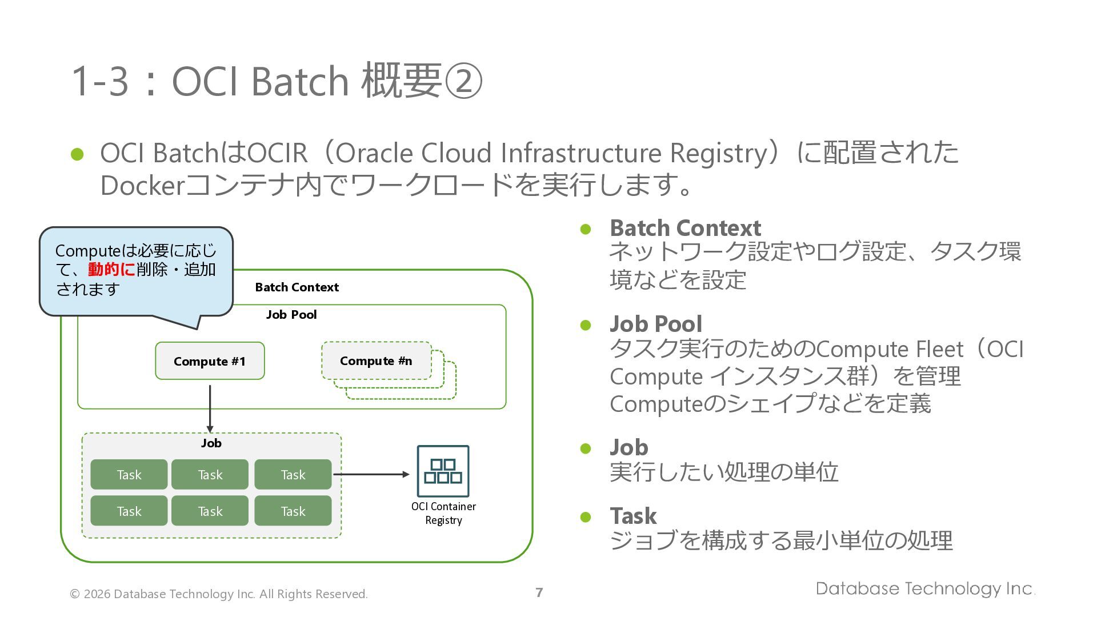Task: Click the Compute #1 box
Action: pos(210,361)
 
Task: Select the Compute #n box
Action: pos(377,360)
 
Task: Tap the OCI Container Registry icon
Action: pos(443,471)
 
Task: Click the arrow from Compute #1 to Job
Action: pos(210,409)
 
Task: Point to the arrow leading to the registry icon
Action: pos(371,474)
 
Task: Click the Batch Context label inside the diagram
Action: pos(297,287)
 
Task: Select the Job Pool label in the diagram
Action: pos(291,315)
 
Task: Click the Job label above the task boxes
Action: pos(211,443)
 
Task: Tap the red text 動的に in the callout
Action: pos(112,269)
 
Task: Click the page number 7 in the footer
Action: pos(539,592)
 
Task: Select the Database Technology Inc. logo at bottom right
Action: pos(926,588)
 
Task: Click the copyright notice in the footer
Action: pos(219,594)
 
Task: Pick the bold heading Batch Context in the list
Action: pos(686,228)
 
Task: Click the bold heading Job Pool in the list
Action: pos(656,324)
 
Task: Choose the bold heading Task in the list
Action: pos(633,516)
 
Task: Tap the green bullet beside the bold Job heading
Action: pos(586,448)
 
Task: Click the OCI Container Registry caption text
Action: pos(443,513)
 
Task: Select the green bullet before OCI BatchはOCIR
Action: pos(77,154)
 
